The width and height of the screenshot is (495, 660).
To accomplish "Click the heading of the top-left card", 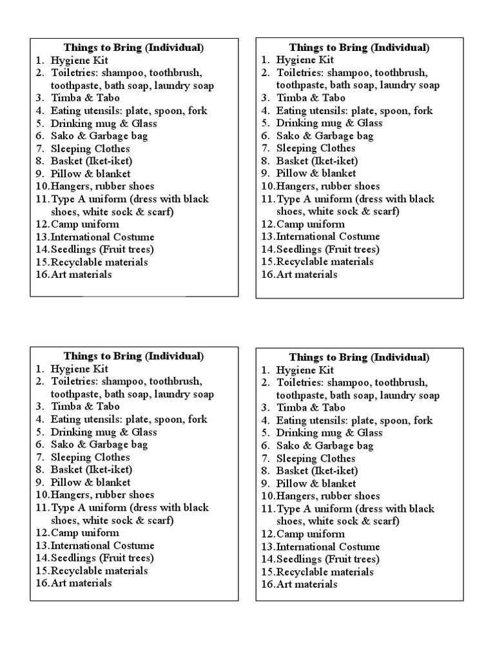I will (133, 48).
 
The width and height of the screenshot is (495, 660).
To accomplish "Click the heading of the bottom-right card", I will (359, 357).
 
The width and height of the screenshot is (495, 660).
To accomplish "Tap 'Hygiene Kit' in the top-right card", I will (305, 60).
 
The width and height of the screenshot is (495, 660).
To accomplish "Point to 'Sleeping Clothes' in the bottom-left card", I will (90, 457).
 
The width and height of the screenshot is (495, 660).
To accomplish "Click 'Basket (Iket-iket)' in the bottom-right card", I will (317, 471).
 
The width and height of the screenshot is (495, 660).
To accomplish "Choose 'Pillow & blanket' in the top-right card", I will (316, 173).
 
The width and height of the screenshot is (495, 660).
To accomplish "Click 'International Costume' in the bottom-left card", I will (102, 545).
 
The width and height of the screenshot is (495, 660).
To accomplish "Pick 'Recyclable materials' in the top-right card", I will (325, 262).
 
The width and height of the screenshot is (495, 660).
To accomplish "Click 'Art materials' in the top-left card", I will (81, 275).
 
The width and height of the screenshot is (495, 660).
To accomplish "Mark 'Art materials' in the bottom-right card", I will (307, 584).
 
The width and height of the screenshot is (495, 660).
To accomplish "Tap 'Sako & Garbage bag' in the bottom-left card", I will (99, 444).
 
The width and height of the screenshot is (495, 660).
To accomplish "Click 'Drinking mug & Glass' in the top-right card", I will (329, 123).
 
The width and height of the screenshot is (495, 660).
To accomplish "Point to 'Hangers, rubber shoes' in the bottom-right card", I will (328, 496).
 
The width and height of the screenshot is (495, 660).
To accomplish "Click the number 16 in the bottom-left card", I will (42, 583).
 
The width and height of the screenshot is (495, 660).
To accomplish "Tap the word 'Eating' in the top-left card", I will (66, 110).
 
